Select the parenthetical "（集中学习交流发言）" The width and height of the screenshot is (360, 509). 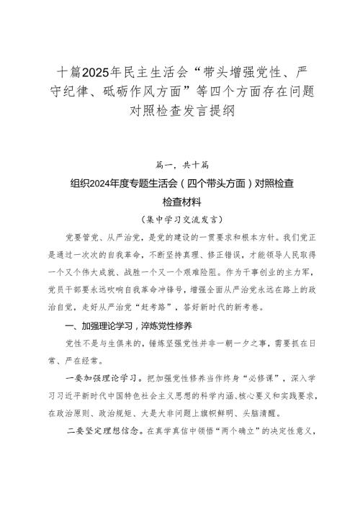[x=180, y=218]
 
